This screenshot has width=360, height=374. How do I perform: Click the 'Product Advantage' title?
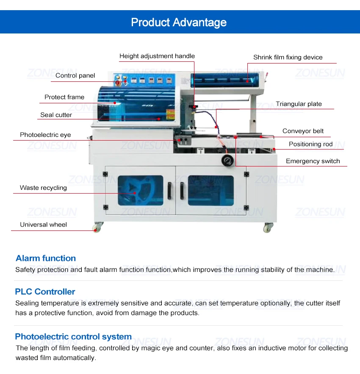click(179, 22)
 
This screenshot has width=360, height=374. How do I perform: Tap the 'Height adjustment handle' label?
click(157, 56)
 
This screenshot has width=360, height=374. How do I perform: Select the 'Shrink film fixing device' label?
click(288, 57)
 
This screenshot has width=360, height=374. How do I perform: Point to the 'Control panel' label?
click(75, 75)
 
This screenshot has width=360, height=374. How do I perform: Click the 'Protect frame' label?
click(64, 97)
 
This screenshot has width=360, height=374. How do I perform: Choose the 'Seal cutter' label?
click(56, 115)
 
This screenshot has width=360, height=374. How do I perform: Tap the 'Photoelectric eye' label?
click(45, 135)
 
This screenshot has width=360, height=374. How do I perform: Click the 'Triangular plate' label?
click(299, 104)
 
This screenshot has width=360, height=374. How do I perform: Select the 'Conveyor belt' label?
click(303, 131)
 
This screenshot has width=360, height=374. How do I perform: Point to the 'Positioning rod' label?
click(310, 144)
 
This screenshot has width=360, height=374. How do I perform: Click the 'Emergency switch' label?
click(313, 161)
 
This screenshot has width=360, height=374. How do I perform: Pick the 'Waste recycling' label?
click(43, 188)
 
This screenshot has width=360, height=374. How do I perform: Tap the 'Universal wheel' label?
click(43, 224)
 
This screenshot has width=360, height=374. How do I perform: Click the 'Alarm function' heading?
click(46, 258)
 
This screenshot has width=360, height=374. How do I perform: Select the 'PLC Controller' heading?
click(45, 291)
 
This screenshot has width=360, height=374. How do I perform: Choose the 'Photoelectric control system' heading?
click(73, 337)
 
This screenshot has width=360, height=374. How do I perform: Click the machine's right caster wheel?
click(268, 228)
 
